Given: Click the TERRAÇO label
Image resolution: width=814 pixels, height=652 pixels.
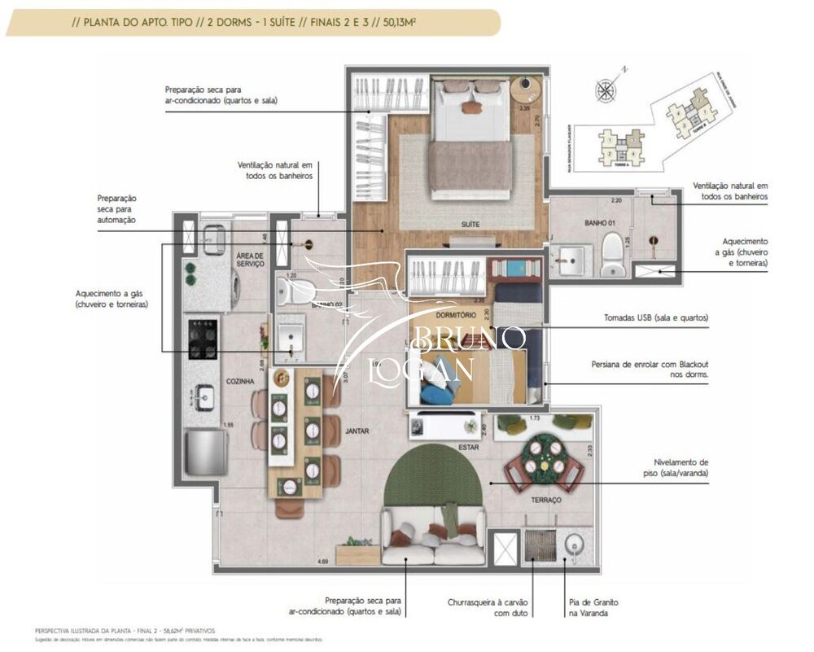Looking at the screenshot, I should tap(547, 500).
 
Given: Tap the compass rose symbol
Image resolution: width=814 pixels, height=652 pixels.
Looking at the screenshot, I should tap(605, 90).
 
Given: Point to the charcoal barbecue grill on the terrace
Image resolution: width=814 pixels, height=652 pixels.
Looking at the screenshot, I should tap(538, 545).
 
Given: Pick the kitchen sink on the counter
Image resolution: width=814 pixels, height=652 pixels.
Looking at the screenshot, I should tap(203, 397).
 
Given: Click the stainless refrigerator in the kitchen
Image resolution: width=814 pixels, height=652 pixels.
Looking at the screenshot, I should tap(204, 452).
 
